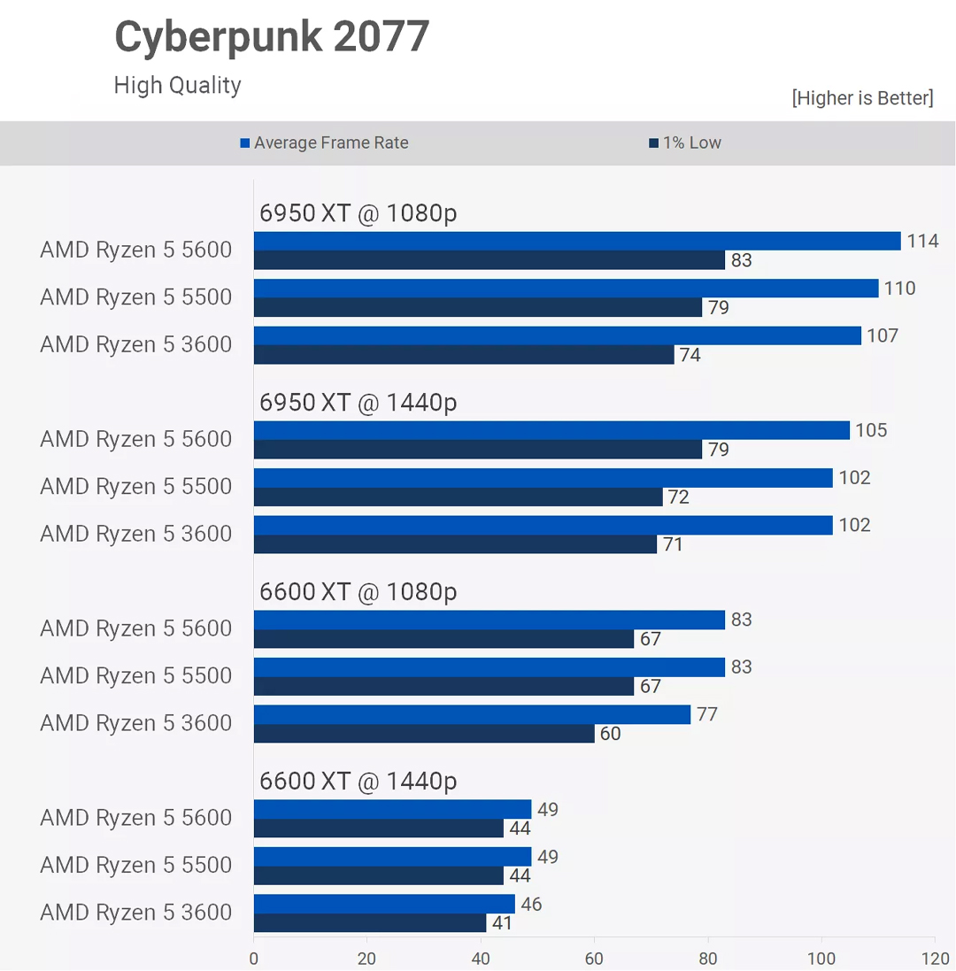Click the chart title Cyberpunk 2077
tap(272, 37)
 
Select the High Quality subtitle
tap(177, 85)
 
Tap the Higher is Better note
tap(862, 97)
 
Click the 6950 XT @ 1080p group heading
tap(358, 213)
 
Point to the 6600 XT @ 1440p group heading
tap(358, 782)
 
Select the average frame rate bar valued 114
tap(576, 241)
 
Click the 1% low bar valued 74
tap(464, 355)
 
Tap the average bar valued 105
tap(551, 430)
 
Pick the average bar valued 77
tap(472, 714)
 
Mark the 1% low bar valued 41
tap(370, 923)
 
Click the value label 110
tap(900, 289)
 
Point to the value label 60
tap(611, 734)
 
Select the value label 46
tap(531, 905)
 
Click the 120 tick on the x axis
tap(935, 959)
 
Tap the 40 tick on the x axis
tap(481, 959)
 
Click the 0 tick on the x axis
tap(254, 959)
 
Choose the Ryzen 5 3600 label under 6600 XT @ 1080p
tap(135, 723)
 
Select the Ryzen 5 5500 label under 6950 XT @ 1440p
tap(135, 487)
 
